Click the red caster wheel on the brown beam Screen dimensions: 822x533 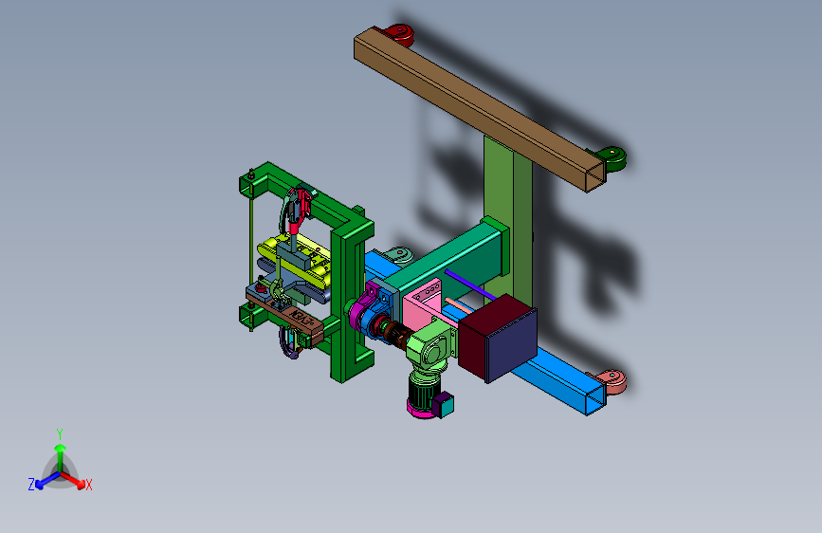click(400, 35)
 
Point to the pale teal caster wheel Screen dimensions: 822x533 click(399, 256)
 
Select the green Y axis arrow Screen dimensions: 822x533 click(60, 453)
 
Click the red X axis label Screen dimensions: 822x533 click(88, 486)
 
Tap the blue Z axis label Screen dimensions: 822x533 click(31, 485)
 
